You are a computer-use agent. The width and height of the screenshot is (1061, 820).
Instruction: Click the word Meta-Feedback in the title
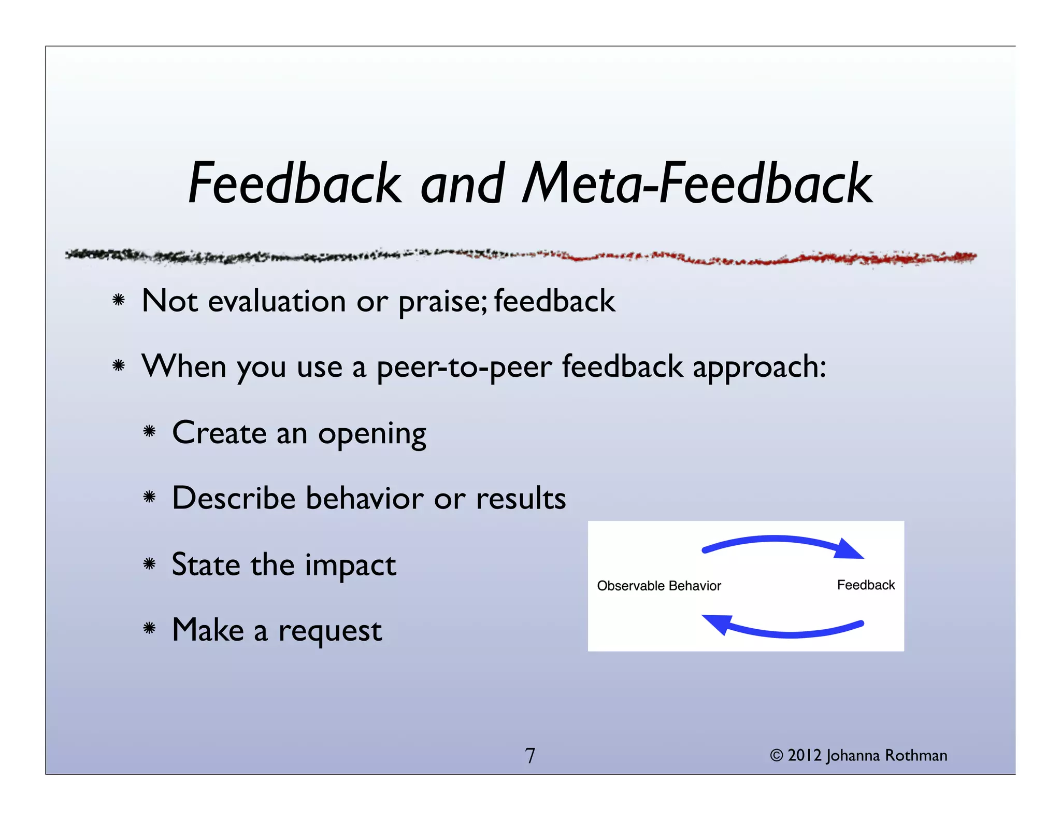click(697, 183)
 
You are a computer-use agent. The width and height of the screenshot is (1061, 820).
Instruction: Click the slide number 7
click(530, 756)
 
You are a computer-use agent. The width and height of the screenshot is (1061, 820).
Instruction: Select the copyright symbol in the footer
click(776, 755)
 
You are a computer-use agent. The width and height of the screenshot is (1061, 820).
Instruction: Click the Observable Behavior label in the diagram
click(658, 586)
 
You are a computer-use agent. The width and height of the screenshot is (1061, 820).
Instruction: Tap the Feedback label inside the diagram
click(866, 585)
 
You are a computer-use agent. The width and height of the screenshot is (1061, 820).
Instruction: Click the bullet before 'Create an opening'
click(150, 431)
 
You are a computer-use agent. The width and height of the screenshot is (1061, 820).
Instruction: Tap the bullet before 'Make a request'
click(150, 629)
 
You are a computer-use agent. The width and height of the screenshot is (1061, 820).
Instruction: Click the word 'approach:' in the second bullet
click(759, 367)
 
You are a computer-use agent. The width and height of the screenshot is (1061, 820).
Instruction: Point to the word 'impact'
click(350, 565)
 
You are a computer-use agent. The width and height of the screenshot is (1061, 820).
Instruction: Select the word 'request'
click(330, 631)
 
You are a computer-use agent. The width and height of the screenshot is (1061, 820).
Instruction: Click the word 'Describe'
click(233, 498)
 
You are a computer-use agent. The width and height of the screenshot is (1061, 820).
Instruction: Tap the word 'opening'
click(372, 434)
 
